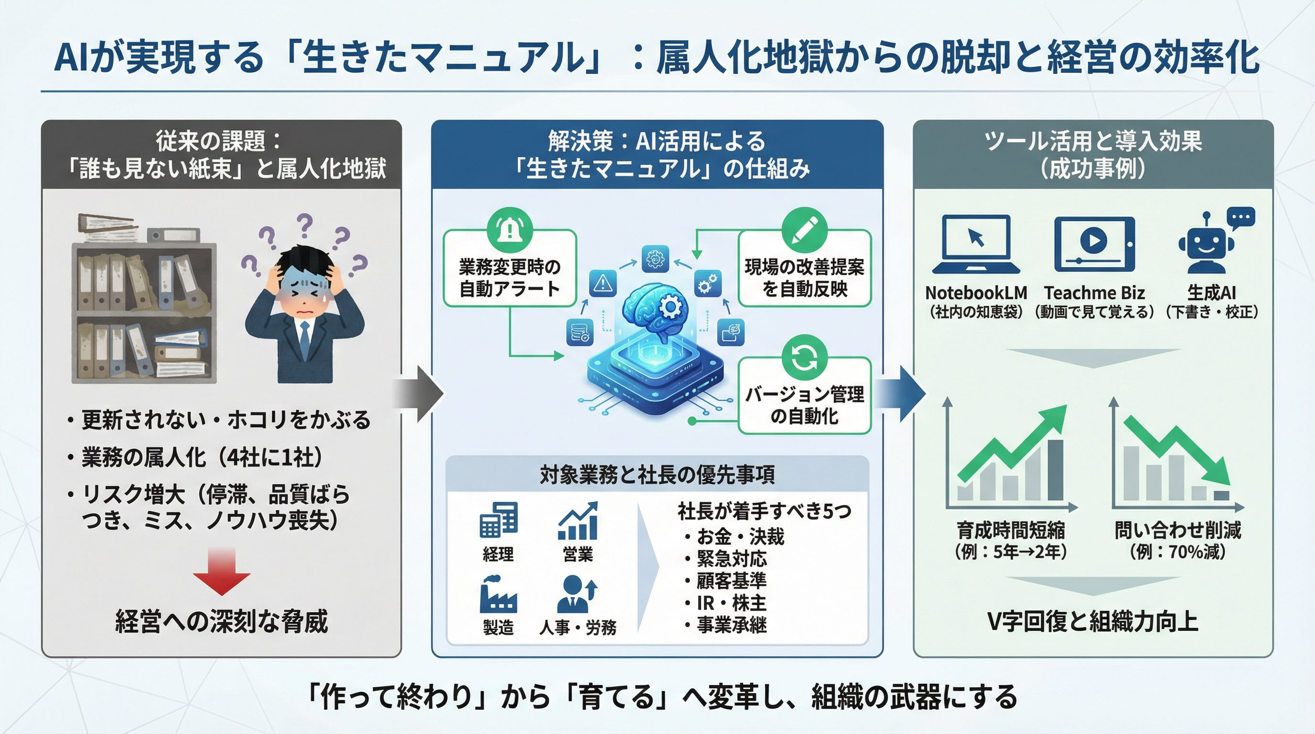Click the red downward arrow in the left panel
(x=222, y=572)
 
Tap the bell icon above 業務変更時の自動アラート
(x=509, y=230)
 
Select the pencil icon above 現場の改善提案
(x=805, y=230)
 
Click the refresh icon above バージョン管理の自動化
(x=805, y=357)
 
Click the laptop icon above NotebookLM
(x=976, y=244)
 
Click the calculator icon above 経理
(x=498, y=519)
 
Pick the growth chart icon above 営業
(x=578, y=521)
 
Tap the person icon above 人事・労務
(x=577, y=594)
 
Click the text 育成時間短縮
(x=1011, y=530)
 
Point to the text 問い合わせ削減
(x=1178, y=530)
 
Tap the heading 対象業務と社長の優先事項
(x=657, y=474)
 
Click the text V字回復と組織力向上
(x=1093, y=621)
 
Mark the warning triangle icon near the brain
(x=603, y=283)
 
